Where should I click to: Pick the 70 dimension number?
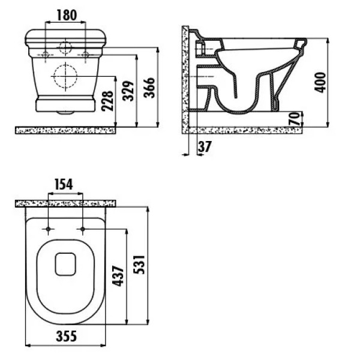[x=293, y=119]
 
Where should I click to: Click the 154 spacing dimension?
[x=64, y=184]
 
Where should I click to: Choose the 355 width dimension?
[x=66, y=336]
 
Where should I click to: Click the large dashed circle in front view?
[x=66, y=77]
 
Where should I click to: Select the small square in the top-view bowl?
[x=65, y=263]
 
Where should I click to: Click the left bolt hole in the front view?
[x=47, y=55]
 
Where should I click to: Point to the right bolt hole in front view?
[x=86, y=55]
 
